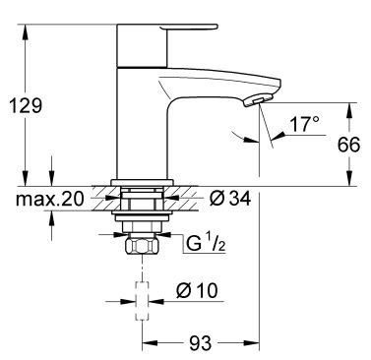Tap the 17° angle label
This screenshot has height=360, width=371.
pos(304,125)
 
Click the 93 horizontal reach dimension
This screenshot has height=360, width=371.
pos(201,344)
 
